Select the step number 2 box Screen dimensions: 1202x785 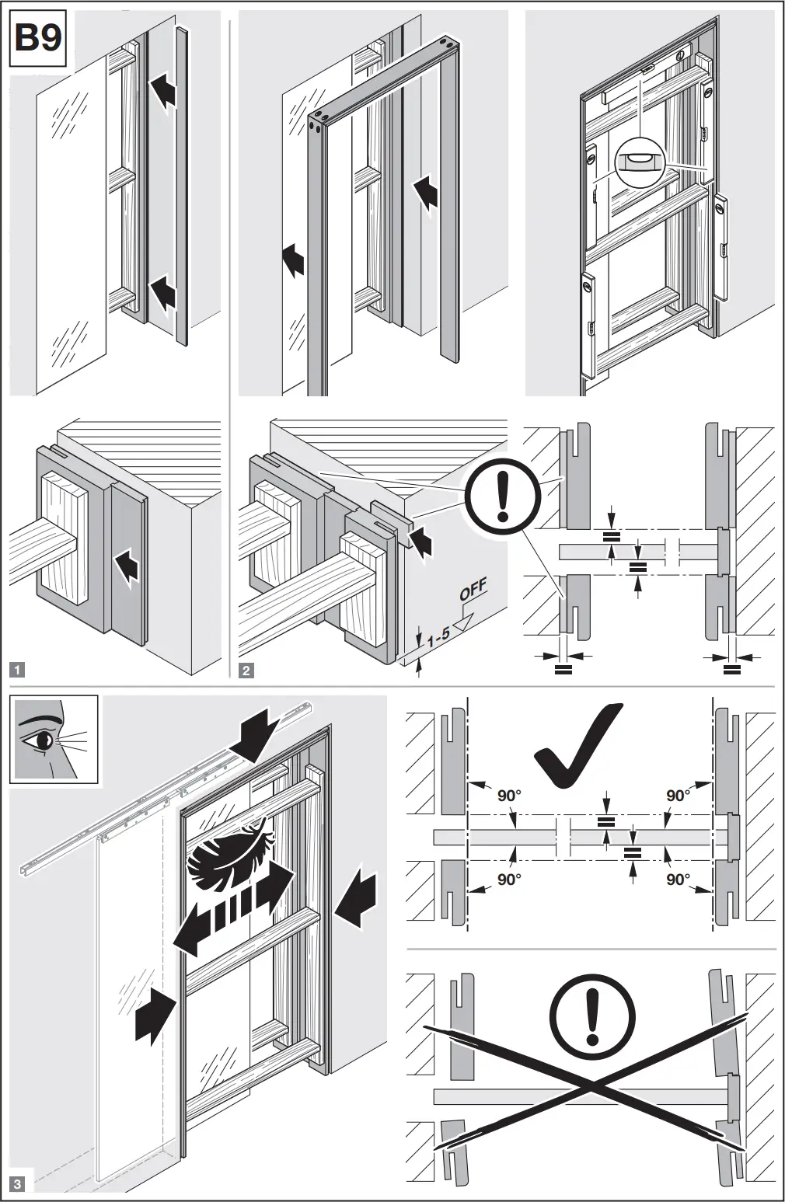[x=246, y=669]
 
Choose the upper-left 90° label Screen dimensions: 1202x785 [x=509, y=795]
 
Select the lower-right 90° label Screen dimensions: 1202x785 [x=678, y=879]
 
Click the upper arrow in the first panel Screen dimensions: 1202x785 [x=163, y=92]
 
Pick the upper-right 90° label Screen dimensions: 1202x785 [x=678, y=795]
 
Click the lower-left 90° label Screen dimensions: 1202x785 [x=509, y=879]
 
